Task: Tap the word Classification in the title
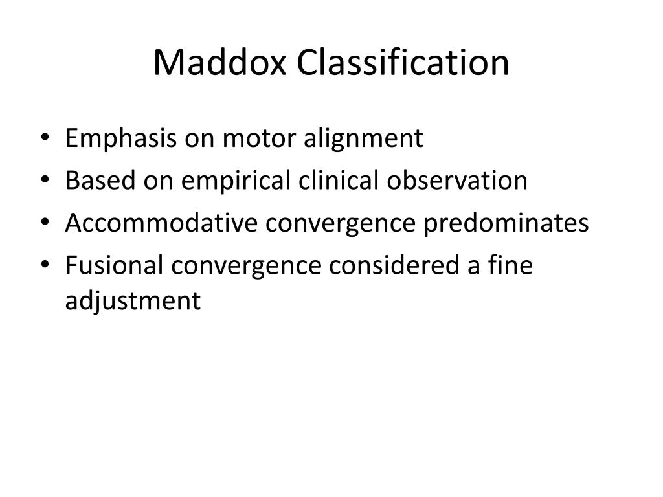(403, 63)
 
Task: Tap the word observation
(458, 181)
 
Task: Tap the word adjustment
(133, 302)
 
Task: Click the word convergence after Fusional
(245, 267)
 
